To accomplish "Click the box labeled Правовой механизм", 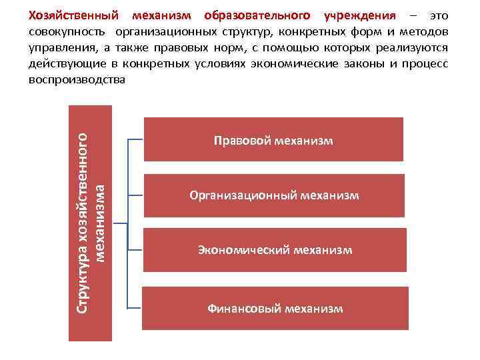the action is (273, 140).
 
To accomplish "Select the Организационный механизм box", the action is (273, 195).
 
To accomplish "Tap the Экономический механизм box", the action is (273, 250).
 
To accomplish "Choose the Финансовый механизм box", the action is (273, 308).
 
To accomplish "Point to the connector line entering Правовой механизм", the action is (135, 141).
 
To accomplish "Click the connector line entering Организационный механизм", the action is (135, 196).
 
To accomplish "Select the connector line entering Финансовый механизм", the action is (135, 309).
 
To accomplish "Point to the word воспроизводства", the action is (77, 80).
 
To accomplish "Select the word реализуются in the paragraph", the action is (415, 48).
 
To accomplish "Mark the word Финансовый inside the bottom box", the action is (244, 309).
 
